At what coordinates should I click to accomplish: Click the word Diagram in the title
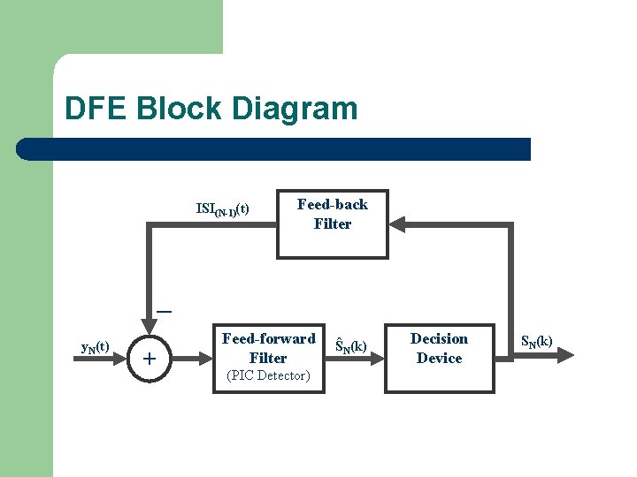tap(296, 109)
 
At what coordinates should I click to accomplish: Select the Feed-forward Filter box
tap(268, 357)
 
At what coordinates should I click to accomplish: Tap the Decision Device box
tap(440, 357)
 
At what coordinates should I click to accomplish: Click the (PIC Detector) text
tap(268, 375)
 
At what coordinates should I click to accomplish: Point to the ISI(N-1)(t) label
tap(222, 209)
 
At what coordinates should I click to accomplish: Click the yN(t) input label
tap(95, 347)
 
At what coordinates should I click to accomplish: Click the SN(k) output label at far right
tap(536, 340)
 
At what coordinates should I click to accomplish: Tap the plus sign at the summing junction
tap(150, 359)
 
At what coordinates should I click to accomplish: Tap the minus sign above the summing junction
tap(164, 312)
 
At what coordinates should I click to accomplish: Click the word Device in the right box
tap(440, 358)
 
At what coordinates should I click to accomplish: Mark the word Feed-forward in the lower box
tap(268, 338)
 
